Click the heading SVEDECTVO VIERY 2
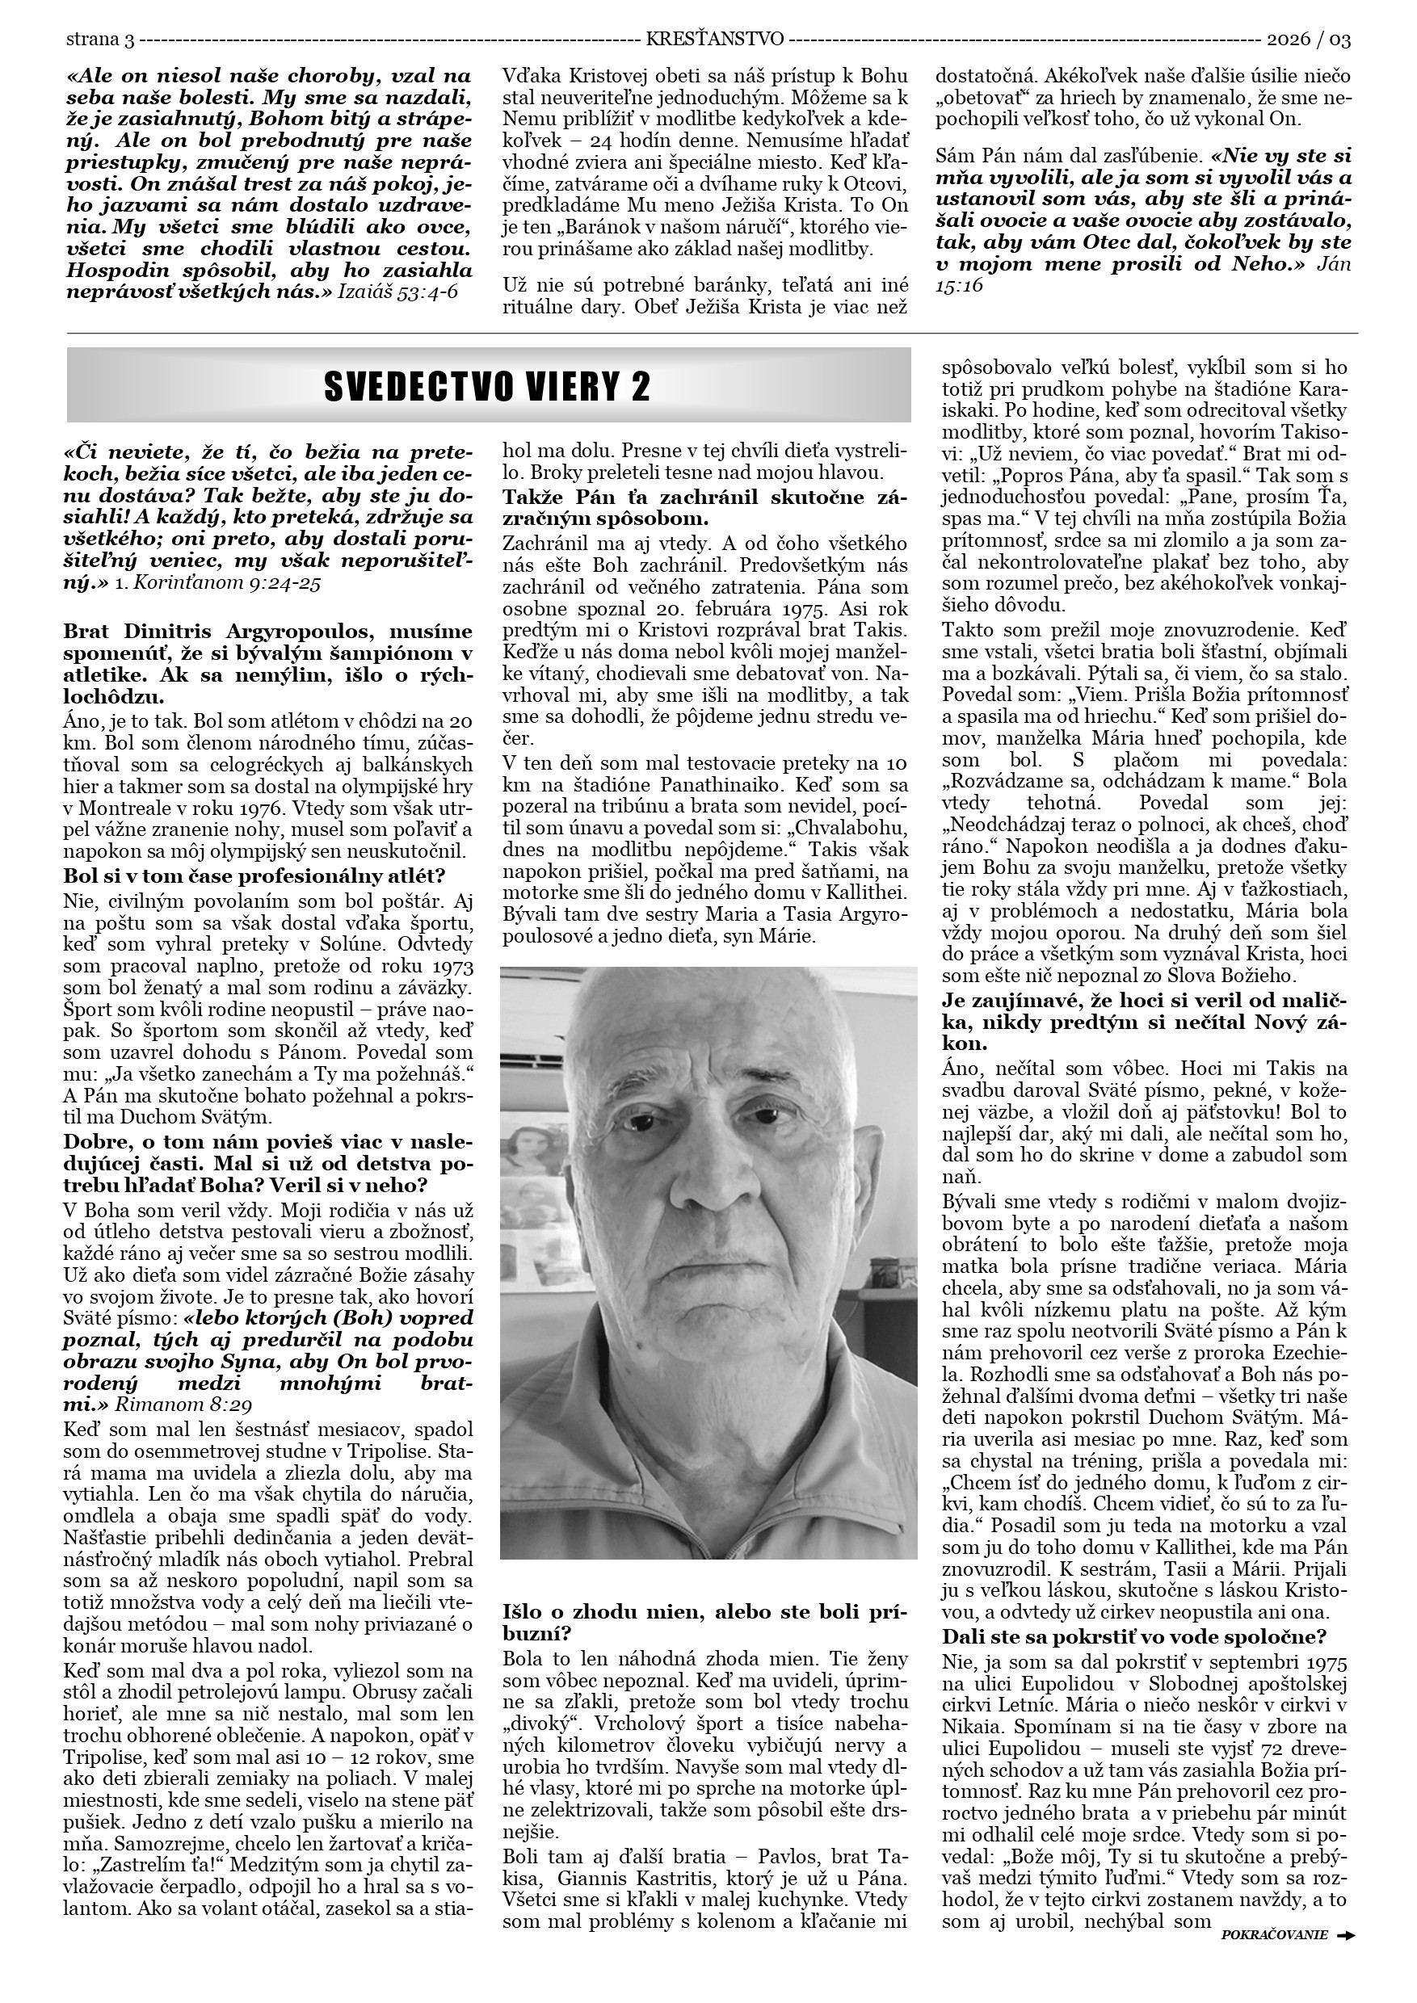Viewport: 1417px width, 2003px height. (487, 387)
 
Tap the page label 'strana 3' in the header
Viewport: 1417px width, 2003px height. (100, 40)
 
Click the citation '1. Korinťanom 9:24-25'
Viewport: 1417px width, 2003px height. (217, 584)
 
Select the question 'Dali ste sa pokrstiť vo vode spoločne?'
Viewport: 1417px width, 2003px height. (1134, 1636)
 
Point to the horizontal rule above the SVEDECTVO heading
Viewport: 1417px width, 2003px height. (712, 334)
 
